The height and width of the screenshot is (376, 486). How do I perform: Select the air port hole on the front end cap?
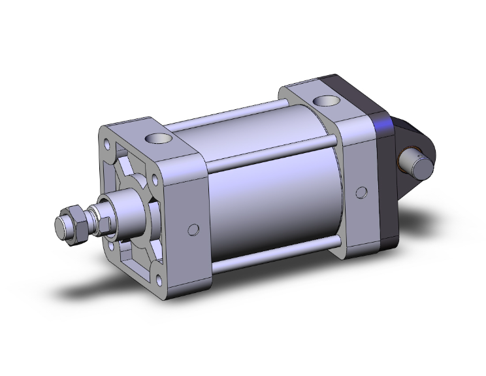pyautogui.click(x=157, y=139)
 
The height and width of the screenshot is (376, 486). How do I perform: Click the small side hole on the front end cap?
pyautogui.click(x=193, y=229)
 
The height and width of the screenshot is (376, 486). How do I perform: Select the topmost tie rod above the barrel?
pyautogui.click(x=229, y=117)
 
